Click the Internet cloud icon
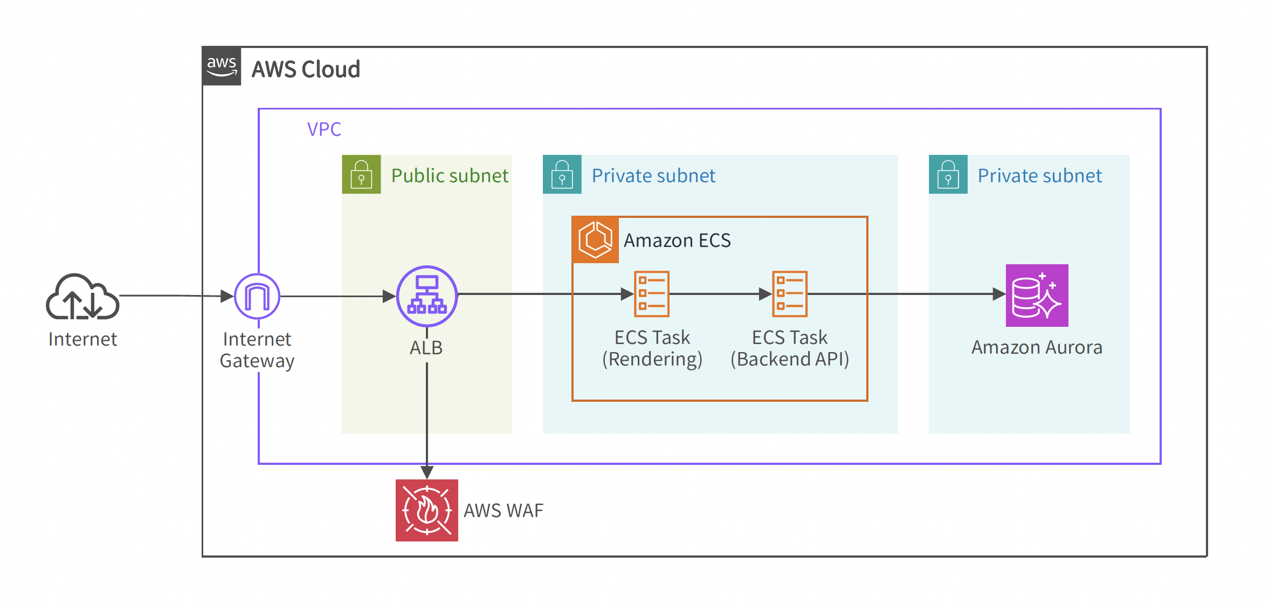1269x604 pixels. click(x=82, y=297)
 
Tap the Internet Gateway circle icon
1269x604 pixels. click(x=257, y=296)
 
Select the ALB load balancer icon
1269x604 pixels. click(x=427, y=296)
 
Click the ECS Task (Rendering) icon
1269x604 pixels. click(x=652, y=294)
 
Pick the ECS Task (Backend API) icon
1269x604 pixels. click(x=790, y=294)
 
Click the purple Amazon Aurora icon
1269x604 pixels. click(x=1037, y=296)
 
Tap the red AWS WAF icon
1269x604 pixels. click(x=426, y=510)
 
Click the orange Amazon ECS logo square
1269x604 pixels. click(x=595, y=239)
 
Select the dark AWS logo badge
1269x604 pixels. click(x=222, y=66)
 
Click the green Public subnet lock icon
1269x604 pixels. click(x=361, y=174)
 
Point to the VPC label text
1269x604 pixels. click(x=324, y=129)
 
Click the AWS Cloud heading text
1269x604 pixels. click(x=306, y=70)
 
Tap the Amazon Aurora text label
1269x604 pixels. click(x=1037, y=347)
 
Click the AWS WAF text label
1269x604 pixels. click(x=504, y=511)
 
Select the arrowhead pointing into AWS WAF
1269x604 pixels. click(x=427, y=472)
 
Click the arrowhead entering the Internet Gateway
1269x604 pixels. click(x=227, y=296)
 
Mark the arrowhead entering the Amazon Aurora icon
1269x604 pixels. click(x=998, y=294)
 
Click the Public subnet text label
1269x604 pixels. click(x=450, y=176)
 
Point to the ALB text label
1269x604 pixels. click(x=426, y=348)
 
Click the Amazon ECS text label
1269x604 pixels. click(x=677, y=241)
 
